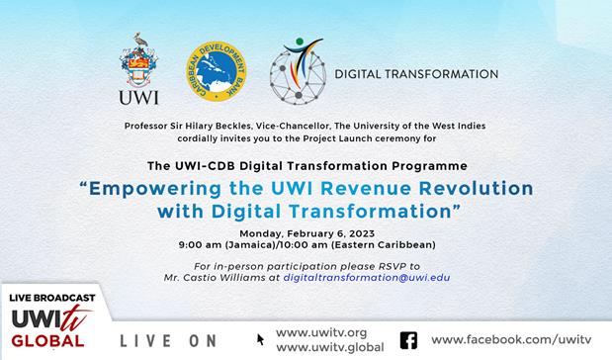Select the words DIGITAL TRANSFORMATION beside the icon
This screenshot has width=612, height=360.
(x=414, y=74)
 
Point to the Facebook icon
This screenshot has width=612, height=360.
(x=407, y=340)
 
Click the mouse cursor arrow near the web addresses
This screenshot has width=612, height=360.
(x=261, y=339)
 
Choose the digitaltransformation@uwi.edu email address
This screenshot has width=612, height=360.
(x=367, y=279)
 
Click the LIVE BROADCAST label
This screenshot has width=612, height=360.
(x=53, y=298)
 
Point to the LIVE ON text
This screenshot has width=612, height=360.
(x=168, y=341)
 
